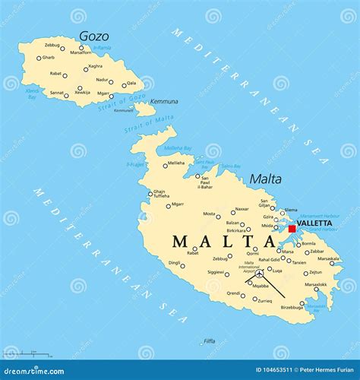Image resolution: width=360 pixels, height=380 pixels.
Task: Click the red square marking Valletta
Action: [292, 228]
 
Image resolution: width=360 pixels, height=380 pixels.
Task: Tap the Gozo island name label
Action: [93, 36]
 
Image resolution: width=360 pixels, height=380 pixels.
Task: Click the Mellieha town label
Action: [176, 163]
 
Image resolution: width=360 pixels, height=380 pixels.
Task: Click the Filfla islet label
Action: [210, 341]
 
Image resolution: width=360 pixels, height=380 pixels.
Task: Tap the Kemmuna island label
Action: [164, 101]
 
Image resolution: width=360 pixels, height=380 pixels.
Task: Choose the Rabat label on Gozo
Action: [55, 74]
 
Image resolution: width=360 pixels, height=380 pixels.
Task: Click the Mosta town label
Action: [210, 214]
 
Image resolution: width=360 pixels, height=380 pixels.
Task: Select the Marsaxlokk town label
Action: [315, 285]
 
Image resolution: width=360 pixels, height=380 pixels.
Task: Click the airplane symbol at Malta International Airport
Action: [259, 274]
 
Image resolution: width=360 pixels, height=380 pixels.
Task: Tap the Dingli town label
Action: [174, 263]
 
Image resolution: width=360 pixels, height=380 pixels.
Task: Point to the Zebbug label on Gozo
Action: [52, 45]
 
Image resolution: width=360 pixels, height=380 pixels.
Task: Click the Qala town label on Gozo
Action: [131, 83]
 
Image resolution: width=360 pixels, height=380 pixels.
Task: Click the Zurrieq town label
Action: [264, 301]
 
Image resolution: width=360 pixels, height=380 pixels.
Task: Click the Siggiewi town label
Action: [215, 271]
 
